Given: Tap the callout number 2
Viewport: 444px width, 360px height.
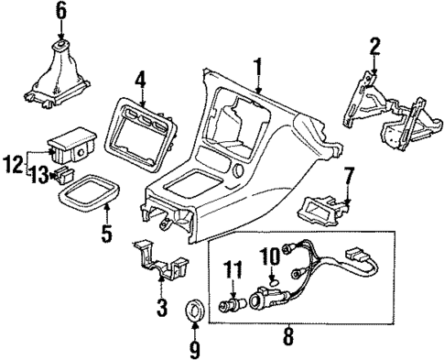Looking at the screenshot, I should click(x=375, y=45).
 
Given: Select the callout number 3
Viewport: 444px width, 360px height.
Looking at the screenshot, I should click(x=162, y=309).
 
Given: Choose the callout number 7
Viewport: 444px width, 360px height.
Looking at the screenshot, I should click(x=348, y=174).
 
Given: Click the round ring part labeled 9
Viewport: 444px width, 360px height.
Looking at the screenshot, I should click(x=195, y=307).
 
